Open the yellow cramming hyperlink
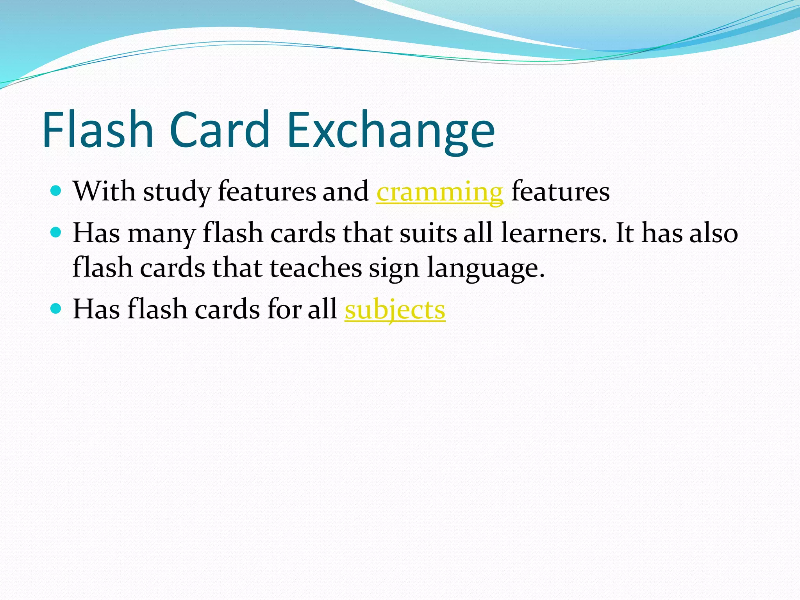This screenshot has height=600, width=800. [x=439, y=192]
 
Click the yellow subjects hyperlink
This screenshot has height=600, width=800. [x=395, y=310]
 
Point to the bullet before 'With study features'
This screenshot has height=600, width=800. [x=56, y=191]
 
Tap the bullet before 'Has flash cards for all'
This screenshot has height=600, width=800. [x=56, y=309]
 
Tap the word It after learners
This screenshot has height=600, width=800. [x=625, y=233]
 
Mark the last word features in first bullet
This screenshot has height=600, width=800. [x=560, y=191]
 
